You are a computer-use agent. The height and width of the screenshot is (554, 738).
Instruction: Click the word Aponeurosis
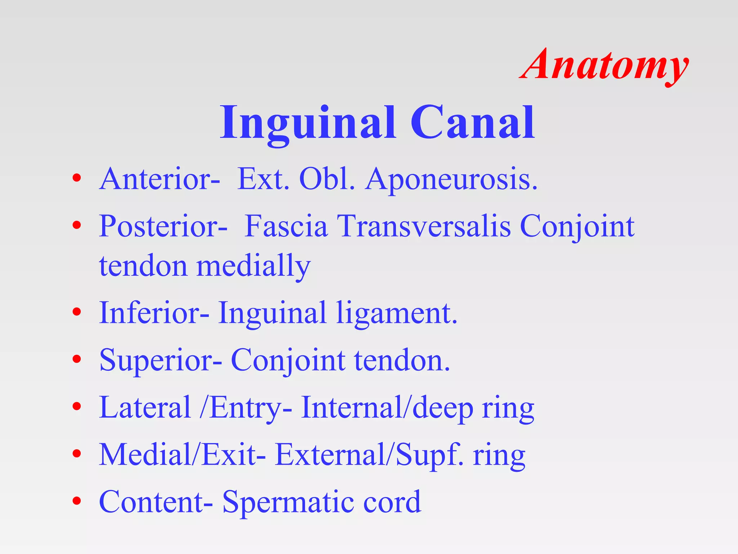point(451,179)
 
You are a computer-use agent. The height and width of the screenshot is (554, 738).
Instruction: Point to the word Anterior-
point(159,179)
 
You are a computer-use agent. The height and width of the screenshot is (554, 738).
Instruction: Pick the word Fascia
point(286,227)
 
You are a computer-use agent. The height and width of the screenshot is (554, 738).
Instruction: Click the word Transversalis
point(424,227)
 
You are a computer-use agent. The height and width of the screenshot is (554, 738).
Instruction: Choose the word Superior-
point(161,360)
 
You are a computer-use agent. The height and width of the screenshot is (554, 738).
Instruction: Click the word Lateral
point(145,407)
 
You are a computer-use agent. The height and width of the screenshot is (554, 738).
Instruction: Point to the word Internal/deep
point(387,408)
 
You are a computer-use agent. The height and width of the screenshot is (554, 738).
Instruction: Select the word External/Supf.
point(369,455)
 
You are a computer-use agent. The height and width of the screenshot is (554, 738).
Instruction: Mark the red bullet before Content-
point(76,501)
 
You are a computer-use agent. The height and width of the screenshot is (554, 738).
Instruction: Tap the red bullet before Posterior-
point(76,225)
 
